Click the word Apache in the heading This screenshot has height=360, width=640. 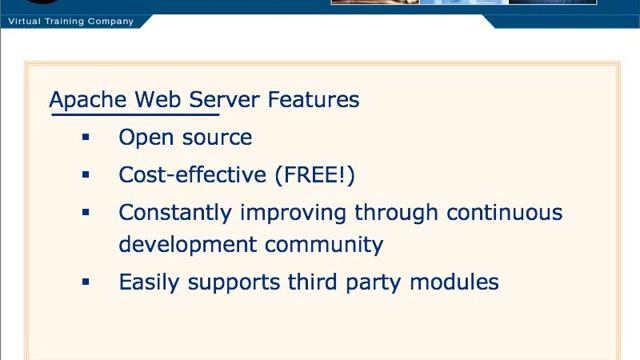pos(88,100)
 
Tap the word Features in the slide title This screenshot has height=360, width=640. pos(313,100)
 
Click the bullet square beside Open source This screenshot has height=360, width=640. pos(86,137)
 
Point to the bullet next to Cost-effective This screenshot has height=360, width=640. pos(86,175)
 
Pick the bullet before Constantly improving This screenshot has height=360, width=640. pos(86,212)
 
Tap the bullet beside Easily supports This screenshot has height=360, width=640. pos(86,282)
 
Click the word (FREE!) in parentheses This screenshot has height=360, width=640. pos(314,175)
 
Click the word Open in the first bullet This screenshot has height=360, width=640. pos(143,137)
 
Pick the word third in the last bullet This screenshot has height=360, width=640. pos(313,282)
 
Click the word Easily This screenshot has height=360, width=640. pos(148,283)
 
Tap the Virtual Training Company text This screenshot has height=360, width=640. pos(70,21)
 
